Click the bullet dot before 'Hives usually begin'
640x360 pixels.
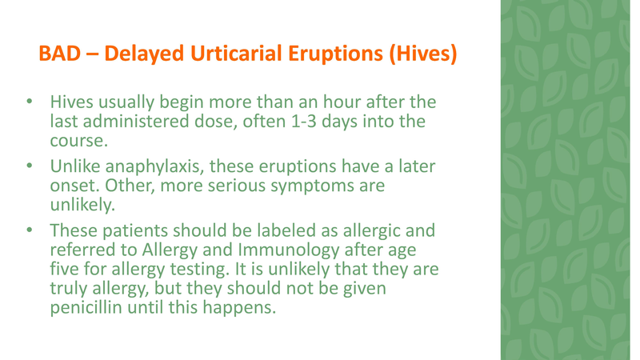28,104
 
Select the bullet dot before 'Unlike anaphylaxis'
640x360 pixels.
28,167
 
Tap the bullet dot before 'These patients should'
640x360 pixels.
28,230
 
